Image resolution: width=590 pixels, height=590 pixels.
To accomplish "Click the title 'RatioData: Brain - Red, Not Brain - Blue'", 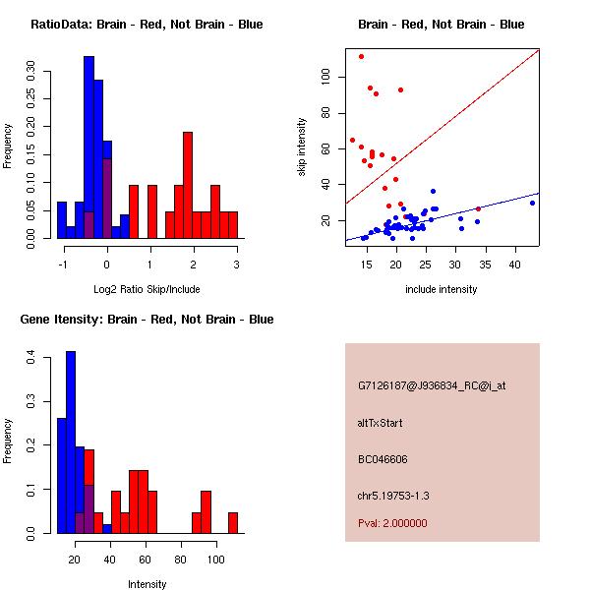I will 147,25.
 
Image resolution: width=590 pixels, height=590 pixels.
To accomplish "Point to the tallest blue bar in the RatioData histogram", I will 88,147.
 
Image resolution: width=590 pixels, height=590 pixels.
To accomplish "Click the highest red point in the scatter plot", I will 361,56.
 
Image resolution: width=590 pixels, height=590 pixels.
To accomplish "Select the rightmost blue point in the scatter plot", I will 532,203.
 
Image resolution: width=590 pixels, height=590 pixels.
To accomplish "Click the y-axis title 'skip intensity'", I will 302,147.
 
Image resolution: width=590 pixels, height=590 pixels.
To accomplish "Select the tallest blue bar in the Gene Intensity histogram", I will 71,442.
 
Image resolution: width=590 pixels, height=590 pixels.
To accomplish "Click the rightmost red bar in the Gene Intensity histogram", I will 233,522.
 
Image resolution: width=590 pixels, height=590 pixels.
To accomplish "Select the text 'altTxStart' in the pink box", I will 381,423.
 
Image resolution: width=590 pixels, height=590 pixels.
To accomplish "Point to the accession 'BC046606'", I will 383,459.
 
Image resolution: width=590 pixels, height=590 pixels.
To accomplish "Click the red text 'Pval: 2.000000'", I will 392,523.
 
